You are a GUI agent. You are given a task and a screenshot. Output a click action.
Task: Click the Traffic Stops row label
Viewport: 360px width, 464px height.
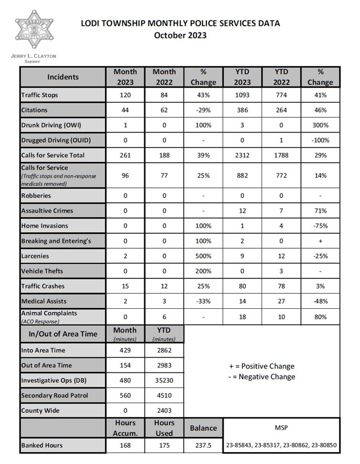40,95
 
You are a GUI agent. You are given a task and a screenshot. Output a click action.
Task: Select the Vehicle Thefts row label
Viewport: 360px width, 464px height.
42,271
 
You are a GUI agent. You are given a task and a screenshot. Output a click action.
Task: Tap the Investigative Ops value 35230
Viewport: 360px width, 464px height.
165,380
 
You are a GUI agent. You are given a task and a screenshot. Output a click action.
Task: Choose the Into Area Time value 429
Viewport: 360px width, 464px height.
125,350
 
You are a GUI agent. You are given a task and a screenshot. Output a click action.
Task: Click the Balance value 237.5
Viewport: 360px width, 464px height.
203,445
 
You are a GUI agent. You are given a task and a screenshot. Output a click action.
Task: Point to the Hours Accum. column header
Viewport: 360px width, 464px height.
125,428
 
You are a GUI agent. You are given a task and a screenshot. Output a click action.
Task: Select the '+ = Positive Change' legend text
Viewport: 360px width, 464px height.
261,366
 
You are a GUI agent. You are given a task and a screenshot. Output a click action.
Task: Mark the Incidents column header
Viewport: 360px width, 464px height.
63,77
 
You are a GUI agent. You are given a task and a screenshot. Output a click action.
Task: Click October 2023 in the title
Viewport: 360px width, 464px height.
180,35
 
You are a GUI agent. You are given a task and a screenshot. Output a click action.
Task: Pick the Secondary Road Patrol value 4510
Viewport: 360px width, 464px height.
165,396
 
